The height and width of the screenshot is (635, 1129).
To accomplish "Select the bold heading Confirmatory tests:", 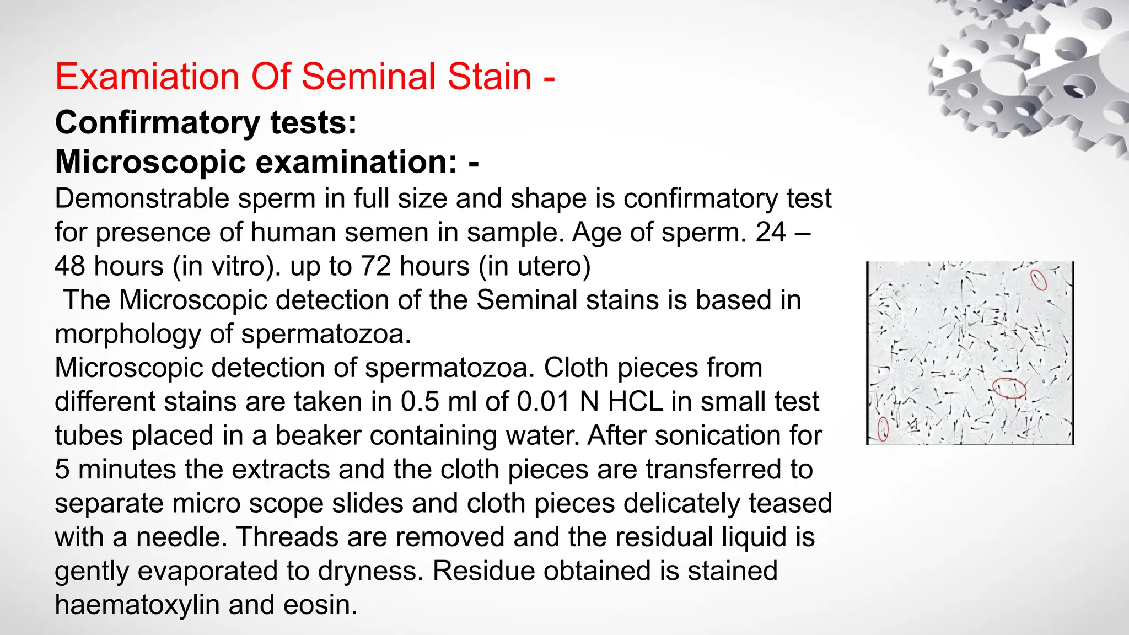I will (206, 122).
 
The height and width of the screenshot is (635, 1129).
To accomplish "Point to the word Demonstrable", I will (142, 198).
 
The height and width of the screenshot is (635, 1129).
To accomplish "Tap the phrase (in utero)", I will (534, 266).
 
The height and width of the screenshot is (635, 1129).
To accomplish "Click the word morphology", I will (128, 334).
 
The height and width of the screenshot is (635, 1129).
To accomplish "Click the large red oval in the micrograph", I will (1009, 388).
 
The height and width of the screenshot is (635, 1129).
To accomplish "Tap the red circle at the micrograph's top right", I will (1039, 279).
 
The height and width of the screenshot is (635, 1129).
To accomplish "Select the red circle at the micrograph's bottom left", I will (883, 429).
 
